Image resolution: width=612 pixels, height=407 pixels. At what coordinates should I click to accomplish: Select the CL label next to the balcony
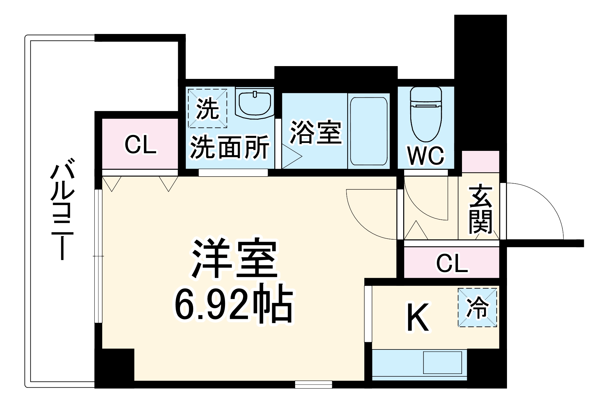[140, 144]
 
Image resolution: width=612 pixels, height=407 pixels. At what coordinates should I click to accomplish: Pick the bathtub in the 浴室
[369, 131]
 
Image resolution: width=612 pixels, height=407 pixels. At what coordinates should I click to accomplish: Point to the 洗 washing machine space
[208, 108]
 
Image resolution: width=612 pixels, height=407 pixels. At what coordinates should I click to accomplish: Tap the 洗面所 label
[230, 147]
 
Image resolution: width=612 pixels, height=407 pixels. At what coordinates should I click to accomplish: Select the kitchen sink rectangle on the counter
[442, 363]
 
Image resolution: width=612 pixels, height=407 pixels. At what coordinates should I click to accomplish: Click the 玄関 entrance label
[480, 209]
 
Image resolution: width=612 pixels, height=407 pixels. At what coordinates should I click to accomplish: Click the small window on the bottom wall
[314, 384]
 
